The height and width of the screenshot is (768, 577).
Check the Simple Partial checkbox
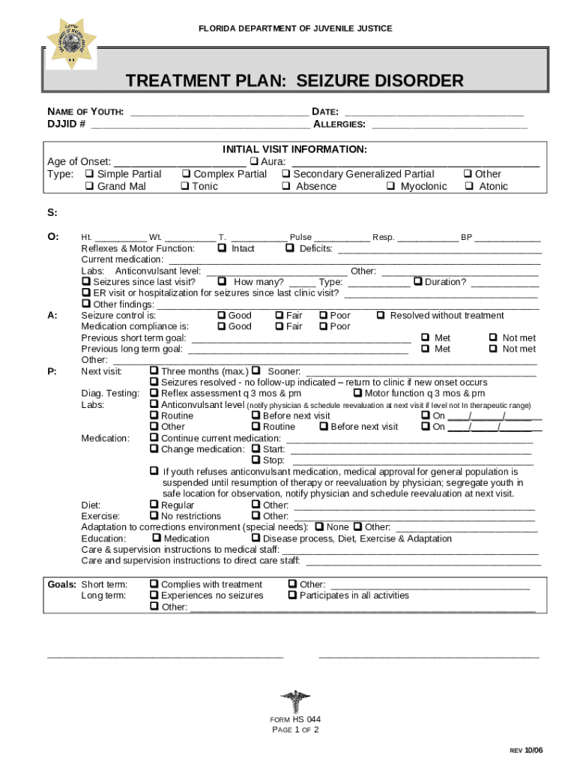point(90,174)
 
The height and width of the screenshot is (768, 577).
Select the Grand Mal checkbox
point(90,187)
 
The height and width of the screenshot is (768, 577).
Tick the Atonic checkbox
point(469,187)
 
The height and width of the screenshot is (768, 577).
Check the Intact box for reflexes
point(222,248)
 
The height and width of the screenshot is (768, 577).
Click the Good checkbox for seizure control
point(221,316)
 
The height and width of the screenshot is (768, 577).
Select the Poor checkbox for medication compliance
point(324,327)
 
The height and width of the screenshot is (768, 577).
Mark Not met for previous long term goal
point(493,349)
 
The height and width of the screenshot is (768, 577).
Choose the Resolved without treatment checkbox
point(381,316)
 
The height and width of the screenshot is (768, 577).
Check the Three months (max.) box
point(154,371)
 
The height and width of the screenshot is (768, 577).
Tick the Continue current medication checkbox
point(154,438)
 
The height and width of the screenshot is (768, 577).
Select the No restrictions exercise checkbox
point(154,516)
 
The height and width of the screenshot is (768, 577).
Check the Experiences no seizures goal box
point(154,595)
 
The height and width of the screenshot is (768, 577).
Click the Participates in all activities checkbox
point(292,595)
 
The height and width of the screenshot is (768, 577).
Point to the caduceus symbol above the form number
point(294,701)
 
